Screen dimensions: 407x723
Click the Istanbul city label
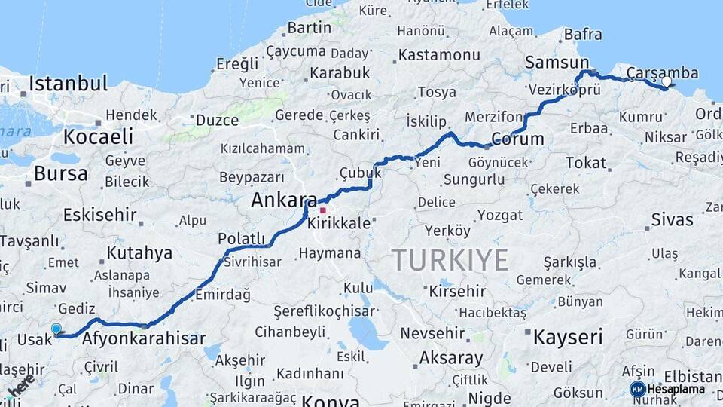point(68,83)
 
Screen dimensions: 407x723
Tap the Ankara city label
point(284,200)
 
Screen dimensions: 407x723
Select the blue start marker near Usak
point(56,329)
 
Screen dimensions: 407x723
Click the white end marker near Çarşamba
point(666,81)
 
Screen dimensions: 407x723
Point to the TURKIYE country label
point(450,261)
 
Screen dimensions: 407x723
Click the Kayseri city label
point(568,337)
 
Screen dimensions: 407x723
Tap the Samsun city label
point(557,63)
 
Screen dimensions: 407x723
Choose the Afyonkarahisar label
point(143,339)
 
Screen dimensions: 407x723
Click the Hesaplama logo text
point(676,390)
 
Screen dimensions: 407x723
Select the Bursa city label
point(60,173)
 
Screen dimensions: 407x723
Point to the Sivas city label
point(671,221)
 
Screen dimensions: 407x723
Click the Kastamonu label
point(439,55)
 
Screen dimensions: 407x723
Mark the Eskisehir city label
point(100,215)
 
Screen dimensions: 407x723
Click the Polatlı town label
point(242,238)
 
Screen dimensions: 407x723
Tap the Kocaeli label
point(98,137)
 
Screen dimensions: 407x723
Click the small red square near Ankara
point(322,210)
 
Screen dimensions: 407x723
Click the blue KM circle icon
point(637,390)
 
